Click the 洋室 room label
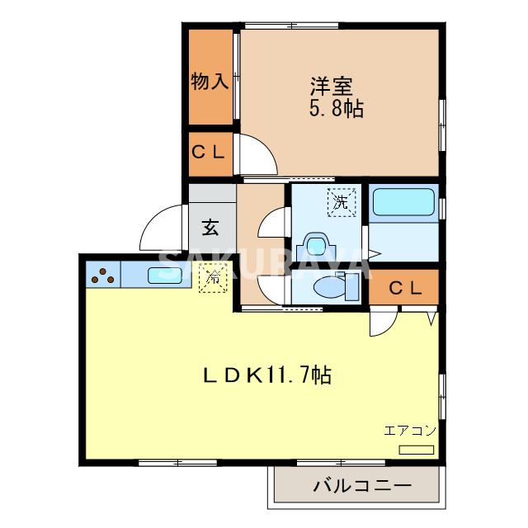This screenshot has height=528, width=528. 331,85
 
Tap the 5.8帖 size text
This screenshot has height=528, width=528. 337,108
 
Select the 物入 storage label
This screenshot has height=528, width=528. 210,81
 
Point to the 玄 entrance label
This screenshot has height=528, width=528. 211,225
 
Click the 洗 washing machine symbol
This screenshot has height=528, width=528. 339,200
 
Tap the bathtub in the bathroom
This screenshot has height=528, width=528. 403,202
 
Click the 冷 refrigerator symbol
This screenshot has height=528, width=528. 213,278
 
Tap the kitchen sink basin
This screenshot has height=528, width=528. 164,276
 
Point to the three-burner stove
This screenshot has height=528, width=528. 102,276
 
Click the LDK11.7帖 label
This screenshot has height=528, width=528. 267,376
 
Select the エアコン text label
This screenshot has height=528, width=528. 409,431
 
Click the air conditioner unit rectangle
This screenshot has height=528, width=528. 416,450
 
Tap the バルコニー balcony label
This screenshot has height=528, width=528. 361,486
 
